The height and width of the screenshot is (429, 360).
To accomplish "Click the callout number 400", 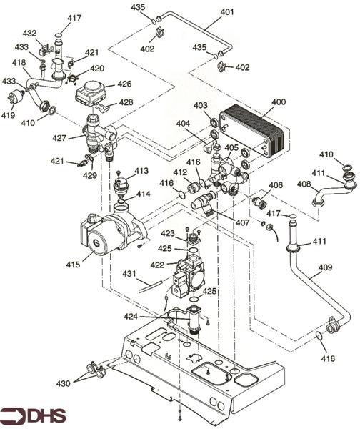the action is [x=279, y=102].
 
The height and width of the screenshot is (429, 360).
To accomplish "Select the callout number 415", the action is [x=74, y=265].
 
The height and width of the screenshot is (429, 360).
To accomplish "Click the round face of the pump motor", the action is [x=96, y=242].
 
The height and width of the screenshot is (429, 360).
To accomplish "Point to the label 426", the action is [x=124, y=84].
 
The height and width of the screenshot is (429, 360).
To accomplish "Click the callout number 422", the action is [x=157, y=265].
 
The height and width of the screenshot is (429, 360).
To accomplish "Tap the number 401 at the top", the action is [x=227, y=12].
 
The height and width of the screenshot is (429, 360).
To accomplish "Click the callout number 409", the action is [x=325, y=267].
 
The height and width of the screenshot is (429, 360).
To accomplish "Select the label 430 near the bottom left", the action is [x=64, y=383].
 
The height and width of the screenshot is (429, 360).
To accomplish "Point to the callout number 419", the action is [x=8, y=115].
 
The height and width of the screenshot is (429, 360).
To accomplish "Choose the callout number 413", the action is [x=141, y=171].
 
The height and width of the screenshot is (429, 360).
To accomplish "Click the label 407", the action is [x=242, y=222].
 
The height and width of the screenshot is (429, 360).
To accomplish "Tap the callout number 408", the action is [x=304, y=184].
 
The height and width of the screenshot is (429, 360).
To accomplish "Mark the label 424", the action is [x=131, y=317].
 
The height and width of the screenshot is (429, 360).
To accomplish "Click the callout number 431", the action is [x=129, y=274].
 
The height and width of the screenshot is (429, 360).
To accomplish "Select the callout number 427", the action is [x=59, y=138].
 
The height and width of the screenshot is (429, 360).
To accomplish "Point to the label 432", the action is [x=29, y=34].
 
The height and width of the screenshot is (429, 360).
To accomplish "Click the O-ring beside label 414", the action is [x=121, y=202].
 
